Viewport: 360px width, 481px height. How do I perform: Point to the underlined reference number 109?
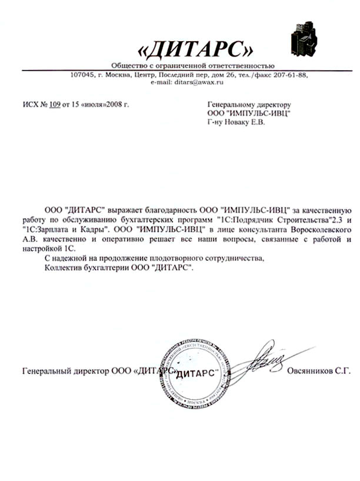pos(55,105)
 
